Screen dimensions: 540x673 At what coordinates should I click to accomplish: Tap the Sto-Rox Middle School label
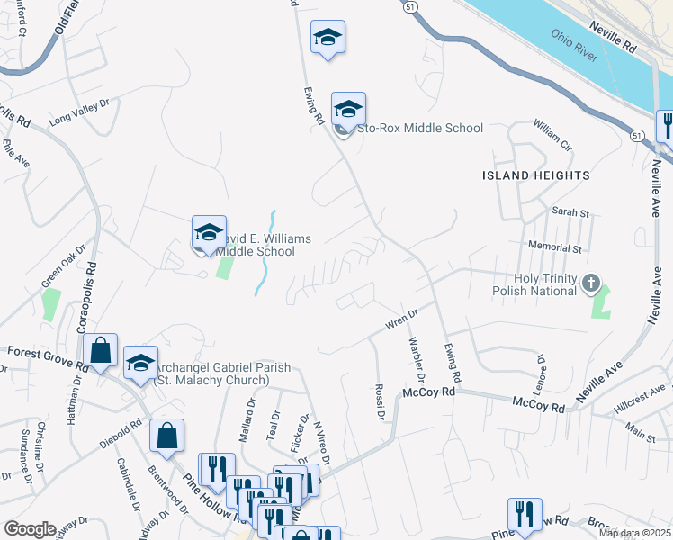(420, 129)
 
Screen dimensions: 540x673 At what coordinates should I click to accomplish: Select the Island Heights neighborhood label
(535, 175)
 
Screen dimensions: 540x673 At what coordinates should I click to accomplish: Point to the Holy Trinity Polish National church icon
(590, 283)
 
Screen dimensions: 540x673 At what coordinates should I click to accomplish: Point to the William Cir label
(552, 132)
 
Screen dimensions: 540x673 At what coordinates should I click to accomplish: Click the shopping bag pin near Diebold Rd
(167, 436)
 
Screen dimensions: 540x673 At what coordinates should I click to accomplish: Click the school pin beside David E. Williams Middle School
(208, 232)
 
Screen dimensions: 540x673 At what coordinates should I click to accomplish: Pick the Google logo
(30, 529)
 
